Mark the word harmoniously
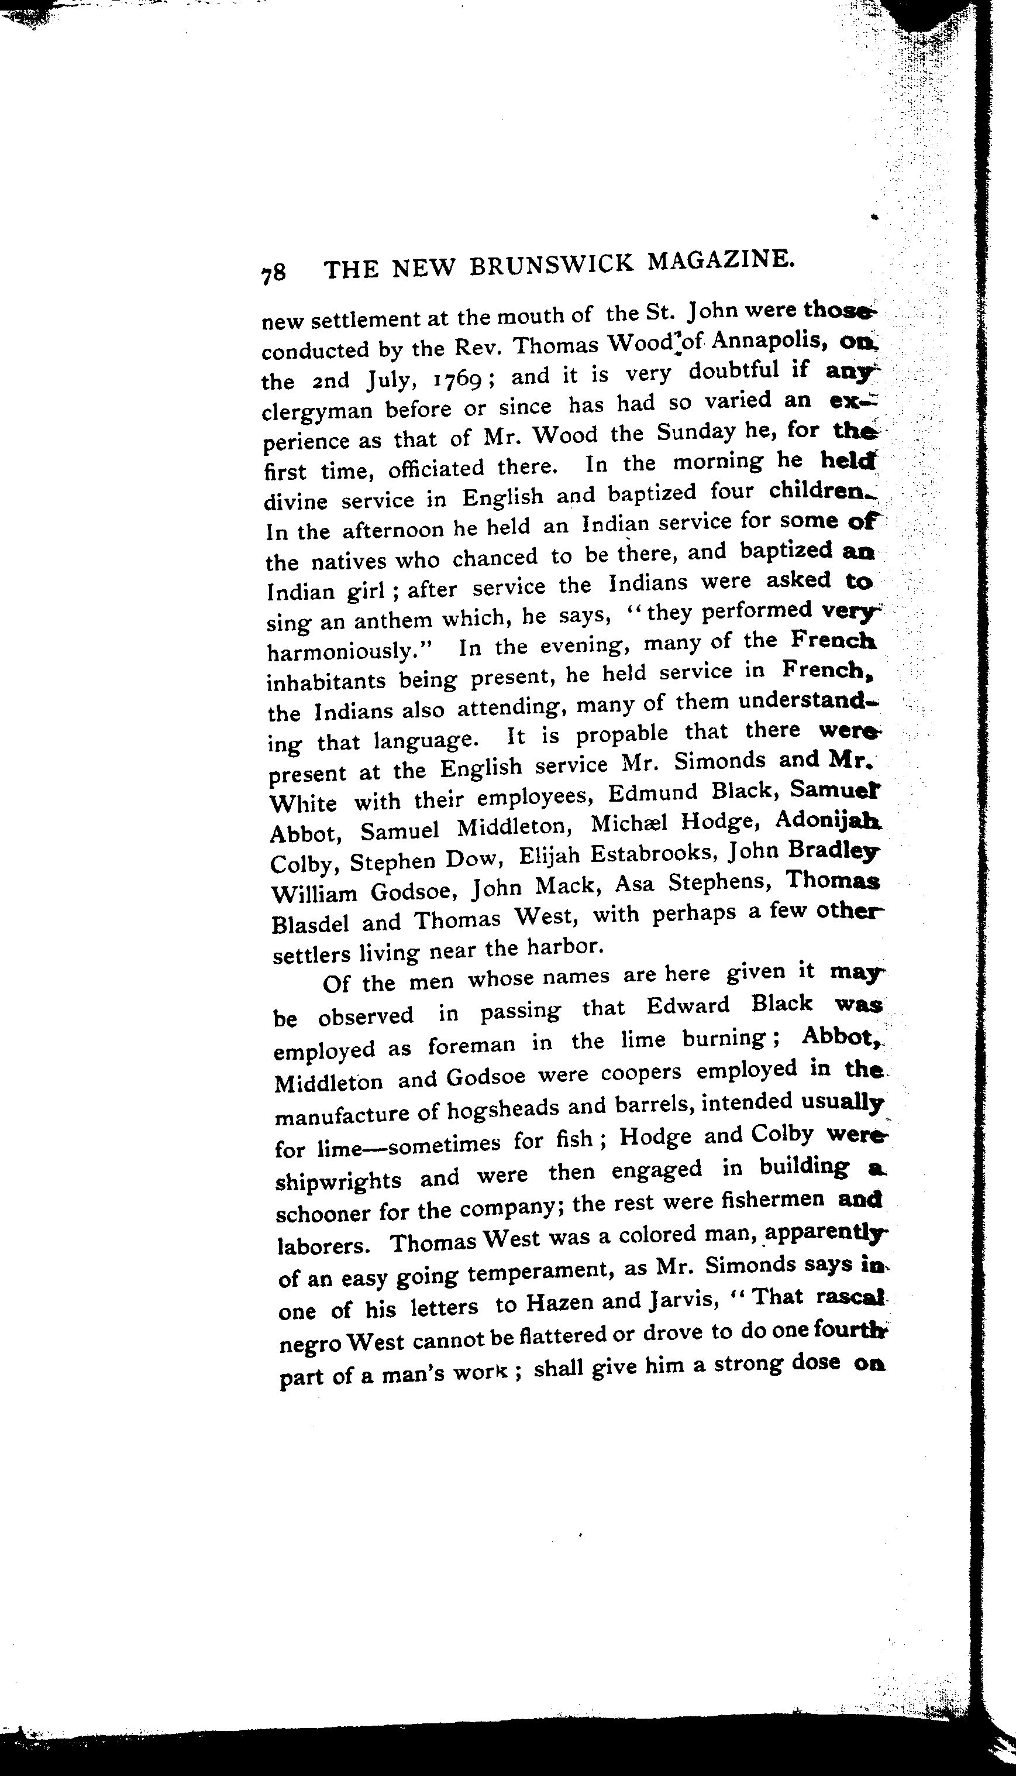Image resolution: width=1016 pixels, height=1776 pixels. [351, 651]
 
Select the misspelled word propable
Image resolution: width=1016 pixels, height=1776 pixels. [615, 734]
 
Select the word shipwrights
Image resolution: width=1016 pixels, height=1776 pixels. [339, 1180]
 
